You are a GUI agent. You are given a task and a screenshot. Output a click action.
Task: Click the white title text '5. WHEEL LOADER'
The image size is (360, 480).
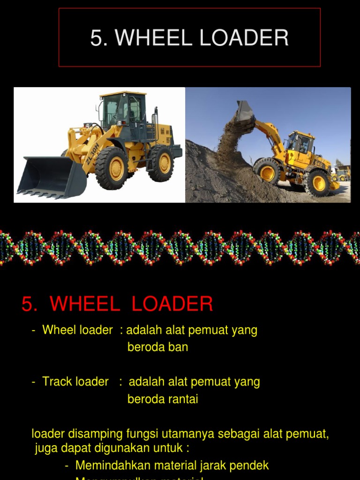[189, 38]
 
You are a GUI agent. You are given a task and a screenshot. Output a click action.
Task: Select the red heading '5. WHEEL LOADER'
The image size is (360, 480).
[117, 304]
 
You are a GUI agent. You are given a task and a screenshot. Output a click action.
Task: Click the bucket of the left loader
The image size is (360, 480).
[52, 176]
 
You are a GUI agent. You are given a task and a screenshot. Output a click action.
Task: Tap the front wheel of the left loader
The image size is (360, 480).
[112, 168]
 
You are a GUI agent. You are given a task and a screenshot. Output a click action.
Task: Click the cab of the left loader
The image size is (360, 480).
[123, 110]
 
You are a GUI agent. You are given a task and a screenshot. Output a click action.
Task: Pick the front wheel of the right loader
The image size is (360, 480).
[268, 172]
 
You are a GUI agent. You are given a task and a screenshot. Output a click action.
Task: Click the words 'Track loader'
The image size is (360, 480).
[75, 382]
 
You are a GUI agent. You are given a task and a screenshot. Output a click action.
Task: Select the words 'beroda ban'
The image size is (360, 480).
[157, 347]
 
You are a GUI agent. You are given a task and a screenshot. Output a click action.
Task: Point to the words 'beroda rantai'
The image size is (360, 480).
[163, 399]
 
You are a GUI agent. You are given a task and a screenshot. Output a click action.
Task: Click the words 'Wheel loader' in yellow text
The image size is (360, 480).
[77, 330]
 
